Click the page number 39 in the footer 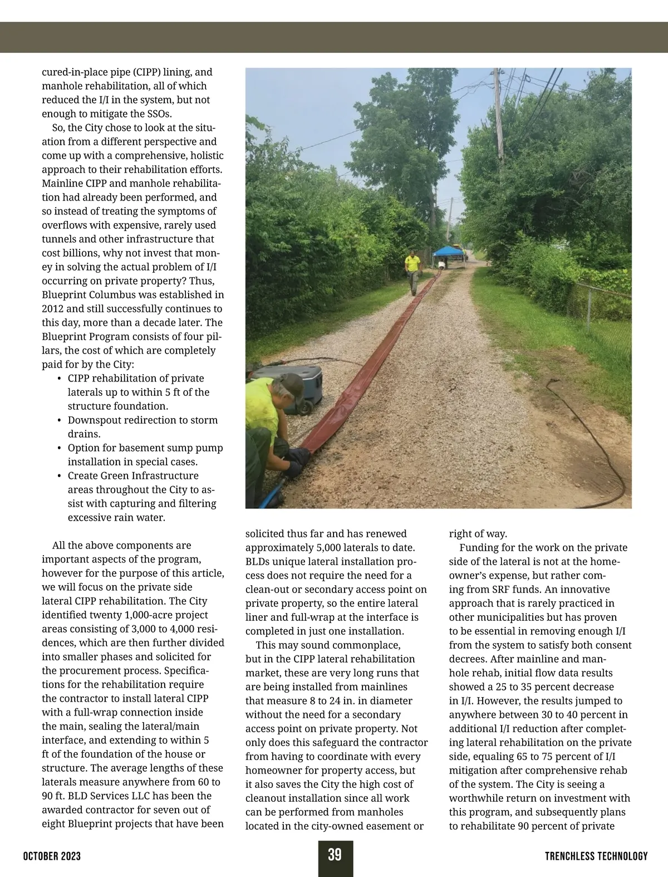(x=335, y=855)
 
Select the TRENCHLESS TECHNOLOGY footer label (x=596, y=856)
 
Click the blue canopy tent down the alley (x=448, y=252)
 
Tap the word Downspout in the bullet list (x=94, y=420)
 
